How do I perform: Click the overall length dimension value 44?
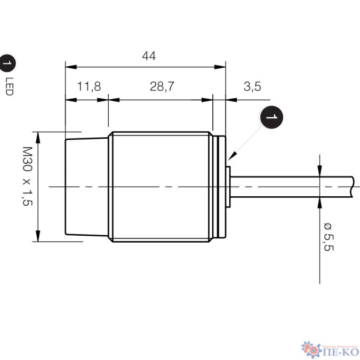tap(149, 56)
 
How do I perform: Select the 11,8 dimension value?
tap(89, 86)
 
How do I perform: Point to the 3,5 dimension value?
tap(252, 86)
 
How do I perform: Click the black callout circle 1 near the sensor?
tap(271, 117)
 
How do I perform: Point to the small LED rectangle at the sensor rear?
tap(228, 186)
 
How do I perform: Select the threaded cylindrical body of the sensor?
tap(160, 186)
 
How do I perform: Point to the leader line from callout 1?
tap(246, 140)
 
